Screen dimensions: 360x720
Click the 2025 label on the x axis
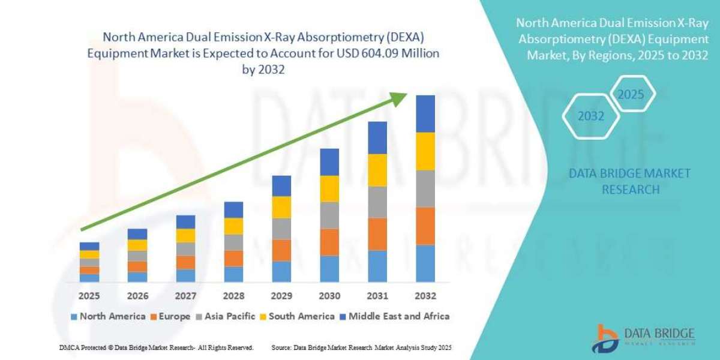tap(89, 296)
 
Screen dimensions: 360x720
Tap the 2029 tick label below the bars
tap(281, 296)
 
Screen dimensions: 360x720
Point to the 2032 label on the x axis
tap(425, 296)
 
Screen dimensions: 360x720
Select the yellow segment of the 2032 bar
tap(425, 151)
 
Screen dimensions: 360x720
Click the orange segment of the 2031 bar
tap(377, 233)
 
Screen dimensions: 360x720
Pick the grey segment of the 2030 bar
tap(329, 215)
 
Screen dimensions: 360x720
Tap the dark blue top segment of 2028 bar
tap(233, 209)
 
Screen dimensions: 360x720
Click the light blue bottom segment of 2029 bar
tap(281, 271)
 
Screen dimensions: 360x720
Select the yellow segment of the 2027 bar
tap(185, 235)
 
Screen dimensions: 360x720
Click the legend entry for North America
tap(108, 316)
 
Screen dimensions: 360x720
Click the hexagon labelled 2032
tap(591, 116)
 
